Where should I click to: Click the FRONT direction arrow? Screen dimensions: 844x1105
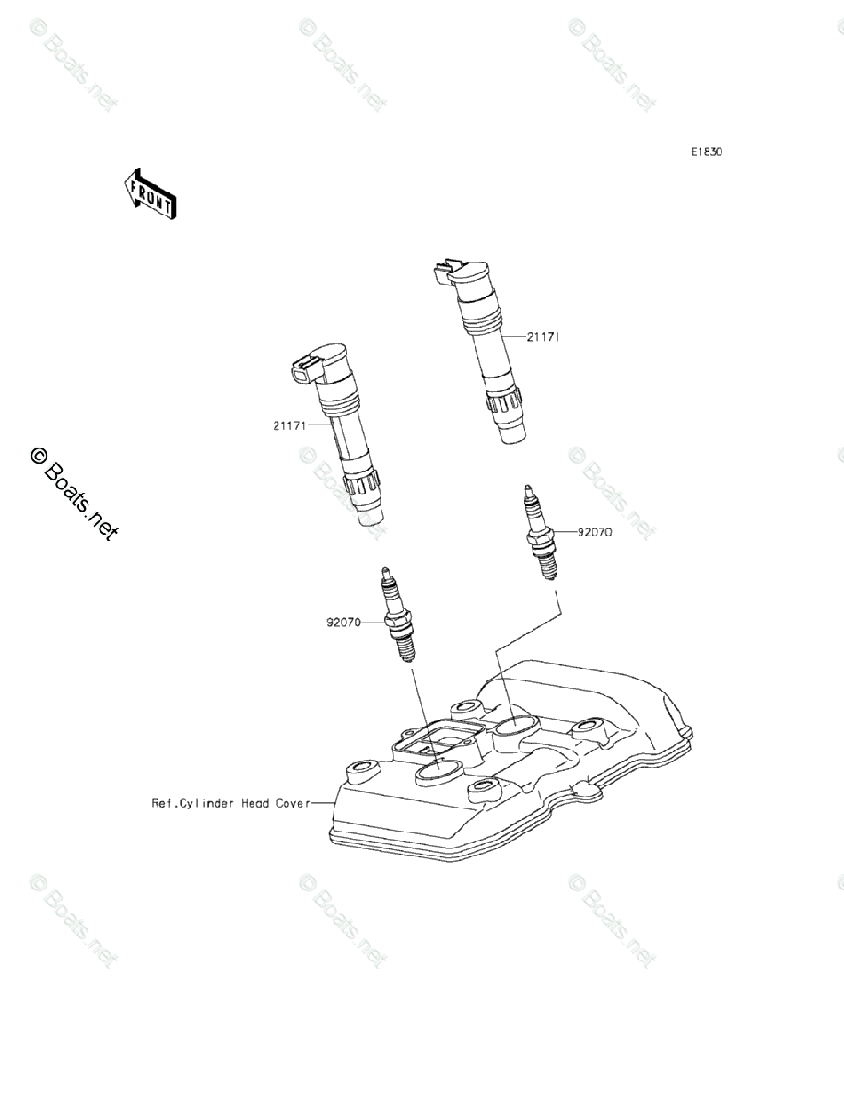coord(149,193)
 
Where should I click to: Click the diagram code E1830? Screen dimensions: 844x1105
coord(708,152)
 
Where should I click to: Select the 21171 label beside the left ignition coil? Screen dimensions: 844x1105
coord(289,425)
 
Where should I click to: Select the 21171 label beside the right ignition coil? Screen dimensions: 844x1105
coord(544,337)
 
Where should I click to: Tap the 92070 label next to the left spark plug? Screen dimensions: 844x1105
coord(344,622)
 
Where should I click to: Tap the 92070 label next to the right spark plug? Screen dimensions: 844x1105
coord(595,532)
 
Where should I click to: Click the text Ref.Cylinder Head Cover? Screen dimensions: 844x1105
coord(229,803)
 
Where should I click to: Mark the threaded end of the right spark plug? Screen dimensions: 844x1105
coord(548,565)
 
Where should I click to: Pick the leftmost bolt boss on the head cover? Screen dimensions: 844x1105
coord(357,767)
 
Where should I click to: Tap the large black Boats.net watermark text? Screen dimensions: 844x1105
coord(74,493)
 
